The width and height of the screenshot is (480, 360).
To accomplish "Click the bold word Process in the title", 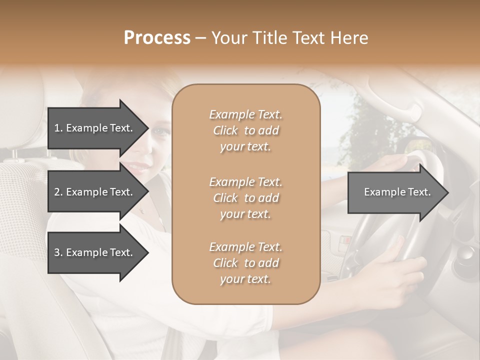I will (x=157, y=38).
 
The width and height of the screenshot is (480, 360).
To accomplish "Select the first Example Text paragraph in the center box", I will (x=245, y=130).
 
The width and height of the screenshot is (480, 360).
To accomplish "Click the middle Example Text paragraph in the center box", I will (x=245, y=198).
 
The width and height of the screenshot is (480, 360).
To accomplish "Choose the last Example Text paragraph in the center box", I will (x=245, y=263).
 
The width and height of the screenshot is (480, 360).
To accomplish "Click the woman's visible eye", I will (x=159, y=131).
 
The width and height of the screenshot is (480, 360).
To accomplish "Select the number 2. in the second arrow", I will (x=58, y=192).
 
